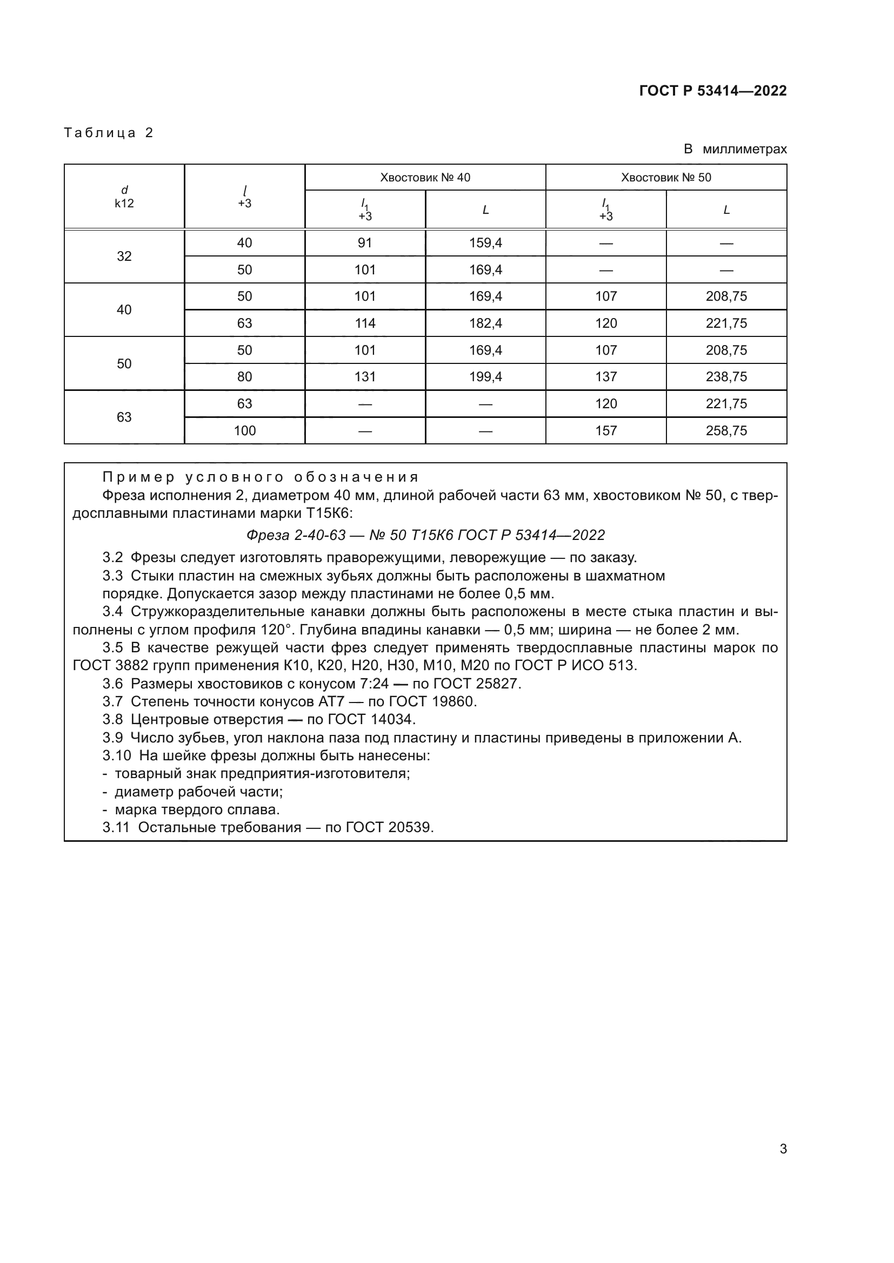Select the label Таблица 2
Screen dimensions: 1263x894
click(109, 133)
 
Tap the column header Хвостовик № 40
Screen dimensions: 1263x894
click(425, 178)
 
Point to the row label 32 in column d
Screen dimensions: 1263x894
click(124, 256)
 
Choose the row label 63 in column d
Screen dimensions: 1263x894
click(124, 417)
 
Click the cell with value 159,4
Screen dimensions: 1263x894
click(485, 243)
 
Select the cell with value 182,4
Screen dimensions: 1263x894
click(485, 323)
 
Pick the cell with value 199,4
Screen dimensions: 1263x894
click(485, 377)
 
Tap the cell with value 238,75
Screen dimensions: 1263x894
click(726, 377)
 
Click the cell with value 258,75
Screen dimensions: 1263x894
click(726, 431)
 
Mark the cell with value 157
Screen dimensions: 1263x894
click(605, 431)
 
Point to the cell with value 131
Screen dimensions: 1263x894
click(364, 377)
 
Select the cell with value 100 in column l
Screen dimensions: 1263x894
click(244, 431)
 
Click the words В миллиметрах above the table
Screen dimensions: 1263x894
click(735, 149)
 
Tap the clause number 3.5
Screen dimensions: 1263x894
click(113, 648)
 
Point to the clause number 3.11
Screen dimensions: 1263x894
click(116, 827)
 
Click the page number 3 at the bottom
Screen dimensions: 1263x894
click(783, 1149)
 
